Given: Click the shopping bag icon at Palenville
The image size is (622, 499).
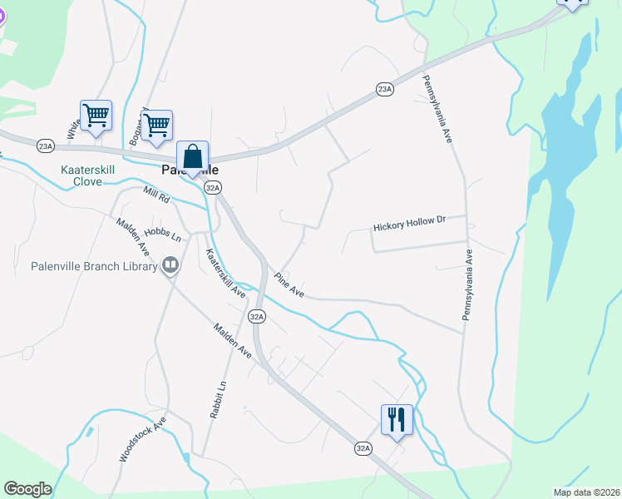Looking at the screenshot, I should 192,156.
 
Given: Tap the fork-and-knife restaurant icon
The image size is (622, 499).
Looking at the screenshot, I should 397,418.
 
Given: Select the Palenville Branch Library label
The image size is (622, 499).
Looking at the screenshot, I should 94,266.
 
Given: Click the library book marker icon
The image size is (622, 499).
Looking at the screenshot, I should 170,265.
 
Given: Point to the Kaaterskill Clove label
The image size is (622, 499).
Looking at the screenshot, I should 81,175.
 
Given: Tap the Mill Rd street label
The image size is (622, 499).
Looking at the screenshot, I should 155,200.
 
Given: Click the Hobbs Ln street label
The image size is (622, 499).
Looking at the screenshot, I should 163,235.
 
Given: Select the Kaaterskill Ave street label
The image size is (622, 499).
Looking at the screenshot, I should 225,274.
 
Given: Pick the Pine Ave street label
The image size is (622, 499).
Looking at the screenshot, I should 289,284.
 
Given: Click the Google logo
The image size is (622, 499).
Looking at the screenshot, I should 27,489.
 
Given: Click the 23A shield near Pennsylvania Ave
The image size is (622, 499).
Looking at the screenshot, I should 383,89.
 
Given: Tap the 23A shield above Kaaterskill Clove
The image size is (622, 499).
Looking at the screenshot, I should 45,146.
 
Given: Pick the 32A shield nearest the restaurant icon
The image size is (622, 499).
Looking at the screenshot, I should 363,448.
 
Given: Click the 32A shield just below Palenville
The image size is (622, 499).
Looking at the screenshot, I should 213,189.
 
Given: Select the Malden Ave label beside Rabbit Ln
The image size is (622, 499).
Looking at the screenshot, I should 231,341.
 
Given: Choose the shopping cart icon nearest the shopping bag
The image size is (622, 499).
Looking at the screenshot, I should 155,126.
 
